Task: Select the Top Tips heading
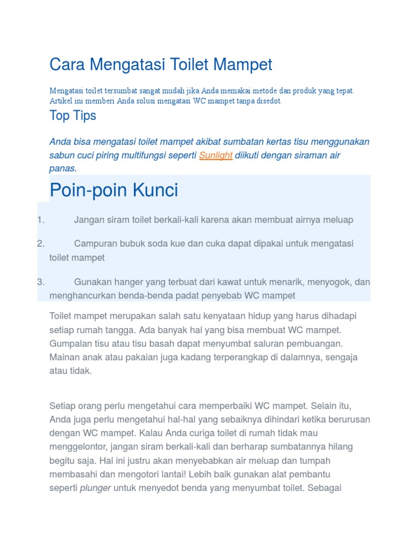[x=73, y=115]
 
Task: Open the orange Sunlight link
[x=215, y=155]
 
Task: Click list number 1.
[x=40, y=220]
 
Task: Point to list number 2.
[x=40, y=243]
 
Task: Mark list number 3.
[x=40, y=282]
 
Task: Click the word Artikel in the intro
[x=60, y=101]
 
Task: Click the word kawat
[x=227, y=282]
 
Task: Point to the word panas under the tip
[x=63, y=168]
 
